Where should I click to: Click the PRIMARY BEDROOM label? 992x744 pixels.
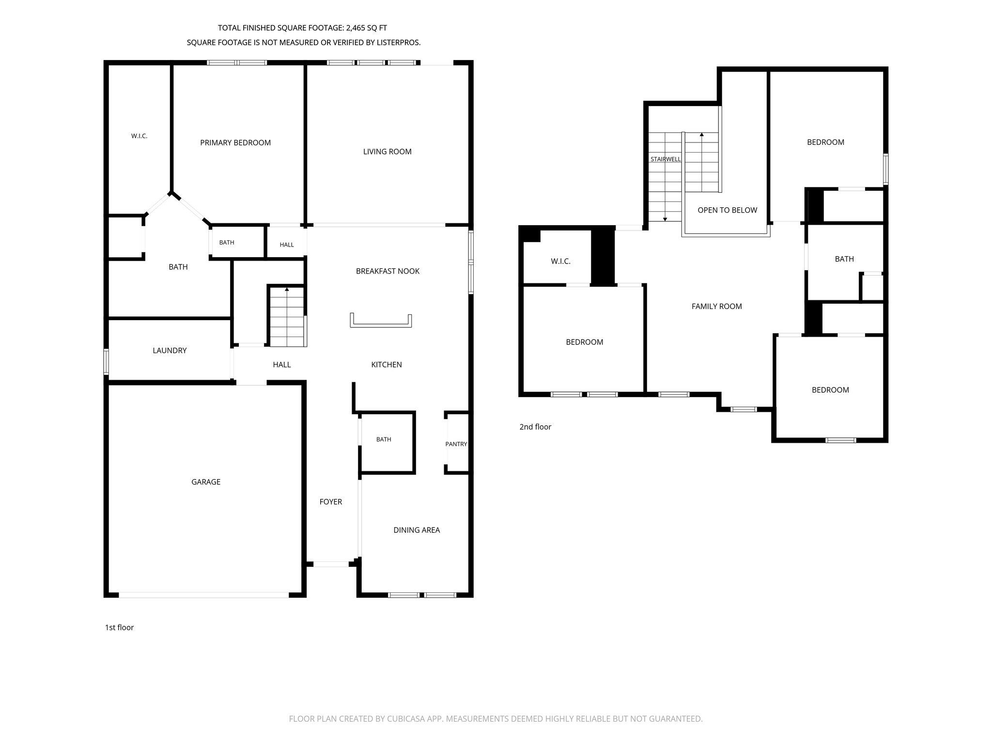tap(235, 142)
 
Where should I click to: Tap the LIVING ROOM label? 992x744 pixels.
tap(387, 152)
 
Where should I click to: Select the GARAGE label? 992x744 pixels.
tap(206, 482)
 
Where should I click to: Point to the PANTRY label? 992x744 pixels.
tap(456, 444)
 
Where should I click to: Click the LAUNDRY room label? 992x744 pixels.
tap(170, 351)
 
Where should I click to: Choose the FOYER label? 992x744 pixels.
tap(331, 502)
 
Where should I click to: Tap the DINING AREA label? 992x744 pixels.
tap(417, 530)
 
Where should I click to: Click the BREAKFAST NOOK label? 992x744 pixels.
tap(387, 271)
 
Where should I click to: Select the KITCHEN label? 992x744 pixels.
tap(387, 365)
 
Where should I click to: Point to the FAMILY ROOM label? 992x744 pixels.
tap(717, 306)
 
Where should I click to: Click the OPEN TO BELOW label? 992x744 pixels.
tap(728, 210)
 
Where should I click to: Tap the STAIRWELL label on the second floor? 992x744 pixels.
tap(666, 159)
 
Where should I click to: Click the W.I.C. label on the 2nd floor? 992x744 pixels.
tap(561, 262)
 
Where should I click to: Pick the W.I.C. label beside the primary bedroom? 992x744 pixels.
tap(139, 136)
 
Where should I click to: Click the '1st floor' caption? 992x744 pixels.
tap(119, 628)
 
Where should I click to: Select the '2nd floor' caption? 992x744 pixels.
tap(535, 427)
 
